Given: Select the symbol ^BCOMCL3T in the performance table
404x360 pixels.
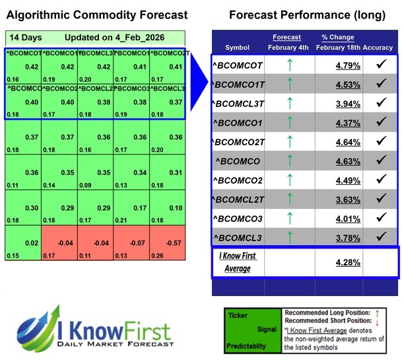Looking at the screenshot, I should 240,104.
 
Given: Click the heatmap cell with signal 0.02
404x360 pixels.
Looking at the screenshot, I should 22,243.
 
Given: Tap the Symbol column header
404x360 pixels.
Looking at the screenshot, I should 238,48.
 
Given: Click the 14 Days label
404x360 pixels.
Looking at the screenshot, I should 24,38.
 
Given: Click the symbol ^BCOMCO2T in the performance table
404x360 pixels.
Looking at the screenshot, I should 240,142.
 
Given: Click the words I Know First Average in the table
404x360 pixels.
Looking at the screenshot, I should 238,262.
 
